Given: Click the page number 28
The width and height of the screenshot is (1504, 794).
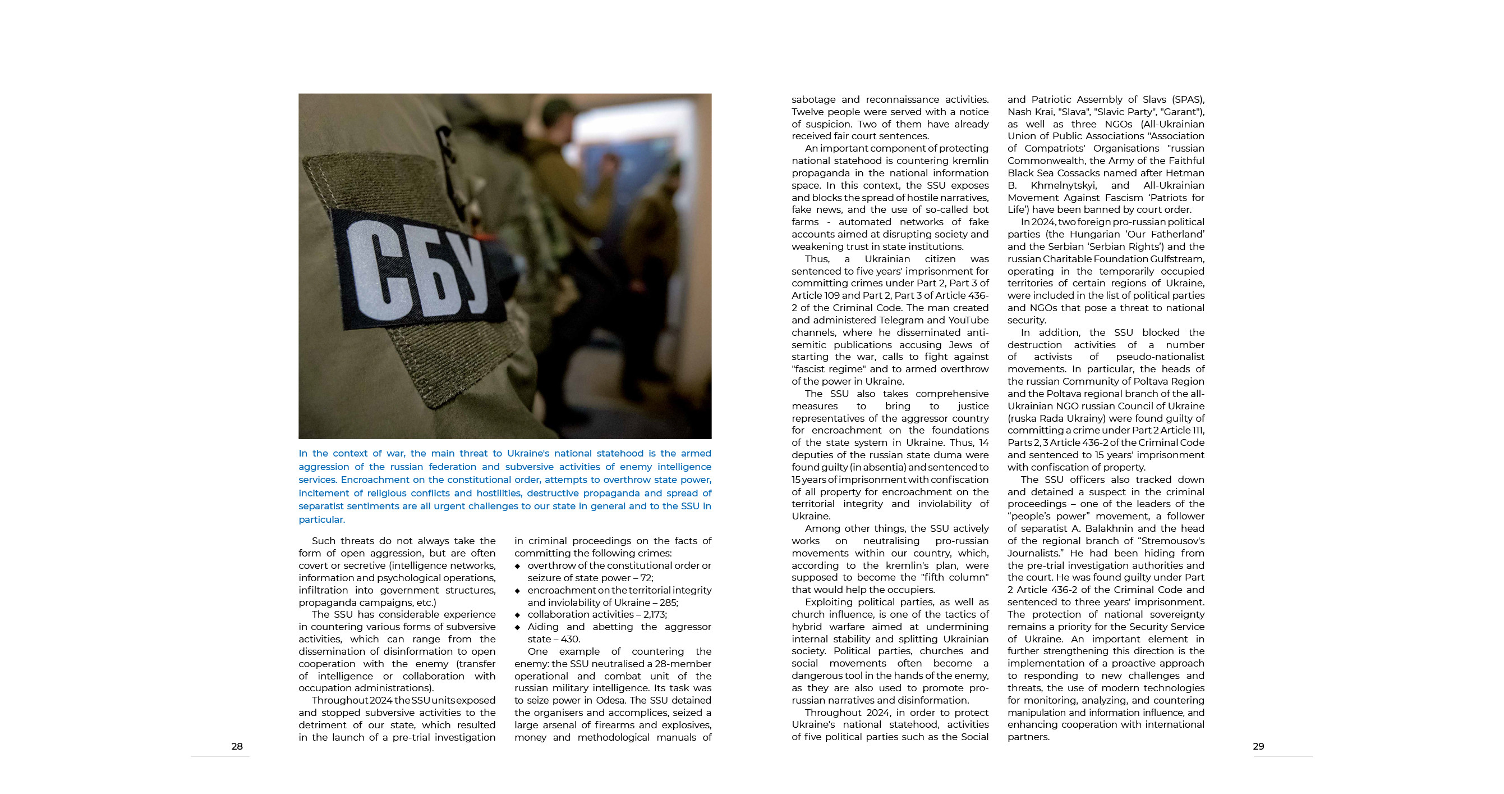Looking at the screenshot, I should click(237, 746).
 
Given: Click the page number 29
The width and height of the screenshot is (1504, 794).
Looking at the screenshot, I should click(1258, 746).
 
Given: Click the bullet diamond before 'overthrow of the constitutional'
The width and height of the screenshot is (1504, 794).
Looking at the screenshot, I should click(517, 566).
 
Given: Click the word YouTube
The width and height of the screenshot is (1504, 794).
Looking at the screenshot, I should click(968, 320).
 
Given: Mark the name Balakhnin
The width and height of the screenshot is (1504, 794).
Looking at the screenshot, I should click(1102, 529).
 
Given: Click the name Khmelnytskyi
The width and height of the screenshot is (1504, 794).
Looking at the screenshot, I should click(1064, 185).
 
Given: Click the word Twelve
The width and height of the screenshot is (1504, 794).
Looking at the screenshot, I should click(810, 112).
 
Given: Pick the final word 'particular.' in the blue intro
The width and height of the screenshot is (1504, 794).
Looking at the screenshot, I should click(321, 519).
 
